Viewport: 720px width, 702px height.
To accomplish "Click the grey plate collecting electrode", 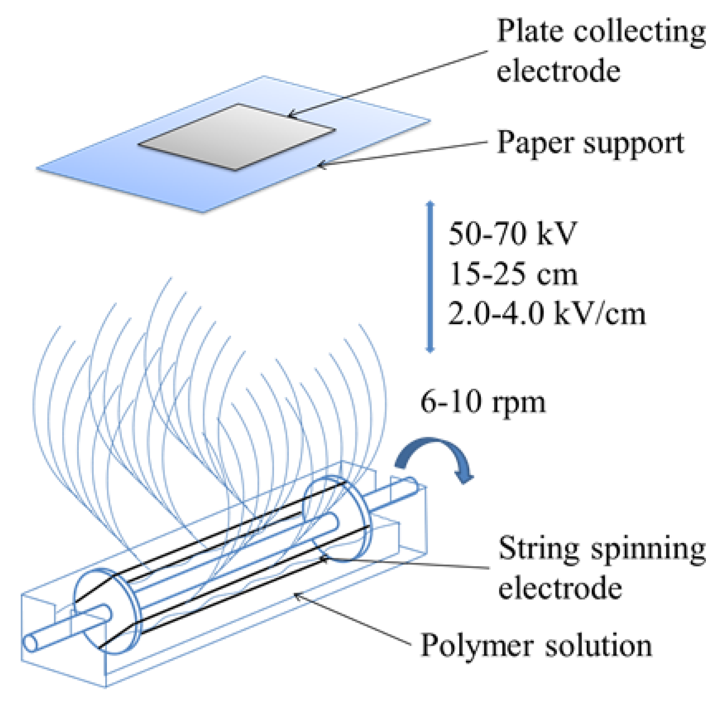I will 236,137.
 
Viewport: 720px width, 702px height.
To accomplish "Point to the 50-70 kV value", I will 512,234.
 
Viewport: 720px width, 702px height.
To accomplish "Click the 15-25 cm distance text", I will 513,274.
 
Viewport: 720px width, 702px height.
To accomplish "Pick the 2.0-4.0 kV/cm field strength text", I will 546,314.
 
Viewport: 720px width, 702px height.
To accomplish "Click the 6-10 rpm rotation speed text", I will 483,402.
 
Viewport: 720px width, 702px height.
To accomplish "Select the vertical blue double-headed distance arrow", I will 430,277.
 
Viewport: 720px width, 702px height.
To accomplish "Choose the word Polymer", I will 477,645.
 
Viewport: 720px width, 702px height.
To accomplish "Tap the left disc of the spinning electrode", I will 107,611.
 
